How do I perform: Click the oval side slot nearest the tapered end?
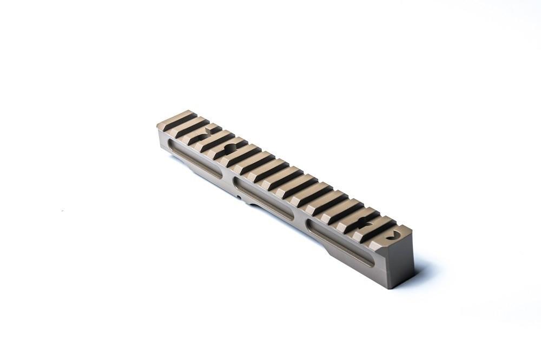[x=195, y=159]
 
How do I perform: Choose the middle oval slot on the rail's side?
[x=263, y=198]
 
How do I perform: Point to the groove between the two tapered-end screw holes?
[x=217, y=142]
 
